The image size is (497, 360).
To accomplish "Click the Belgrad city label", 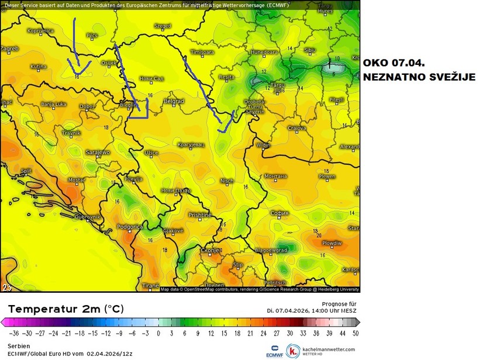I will pos(174,101).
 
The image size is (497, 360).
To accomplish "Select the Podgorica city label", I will pos(130,226).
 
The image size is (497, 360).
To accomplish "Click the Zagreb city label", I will pos(10,49).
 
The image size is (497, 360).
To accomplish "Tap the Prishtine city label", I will pos(199,215).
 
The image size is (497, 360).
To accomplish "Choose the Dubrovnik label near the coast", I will pos(88,216).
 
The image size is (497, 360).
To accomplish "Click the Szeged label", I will pos(163,26).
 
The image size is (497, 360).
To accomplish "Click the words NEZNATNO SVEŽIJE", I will pos(419,77).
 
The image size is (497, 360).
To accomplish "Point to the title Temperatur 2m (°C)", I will pos(65,309).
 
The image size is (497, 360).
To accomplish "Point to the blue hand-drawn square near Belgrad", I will pos(138,108).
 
